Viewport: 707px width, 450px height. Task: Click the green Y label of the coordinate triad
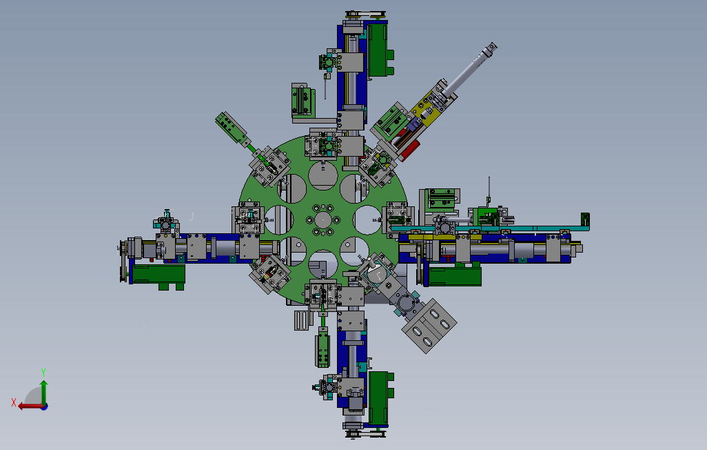pos(43,373)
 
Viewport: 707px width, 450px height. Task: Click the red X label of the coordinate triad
pos(14,402)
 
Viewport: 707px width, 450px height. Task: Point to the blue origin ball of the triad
pos(44,407)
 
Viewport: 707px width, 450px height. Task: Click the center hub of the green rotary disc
pos(323,220)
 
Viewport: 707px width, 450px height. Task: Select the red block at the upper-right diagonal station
pos(409,150)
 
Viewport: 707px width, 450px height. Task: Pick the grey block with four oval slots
pos(429,326)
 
